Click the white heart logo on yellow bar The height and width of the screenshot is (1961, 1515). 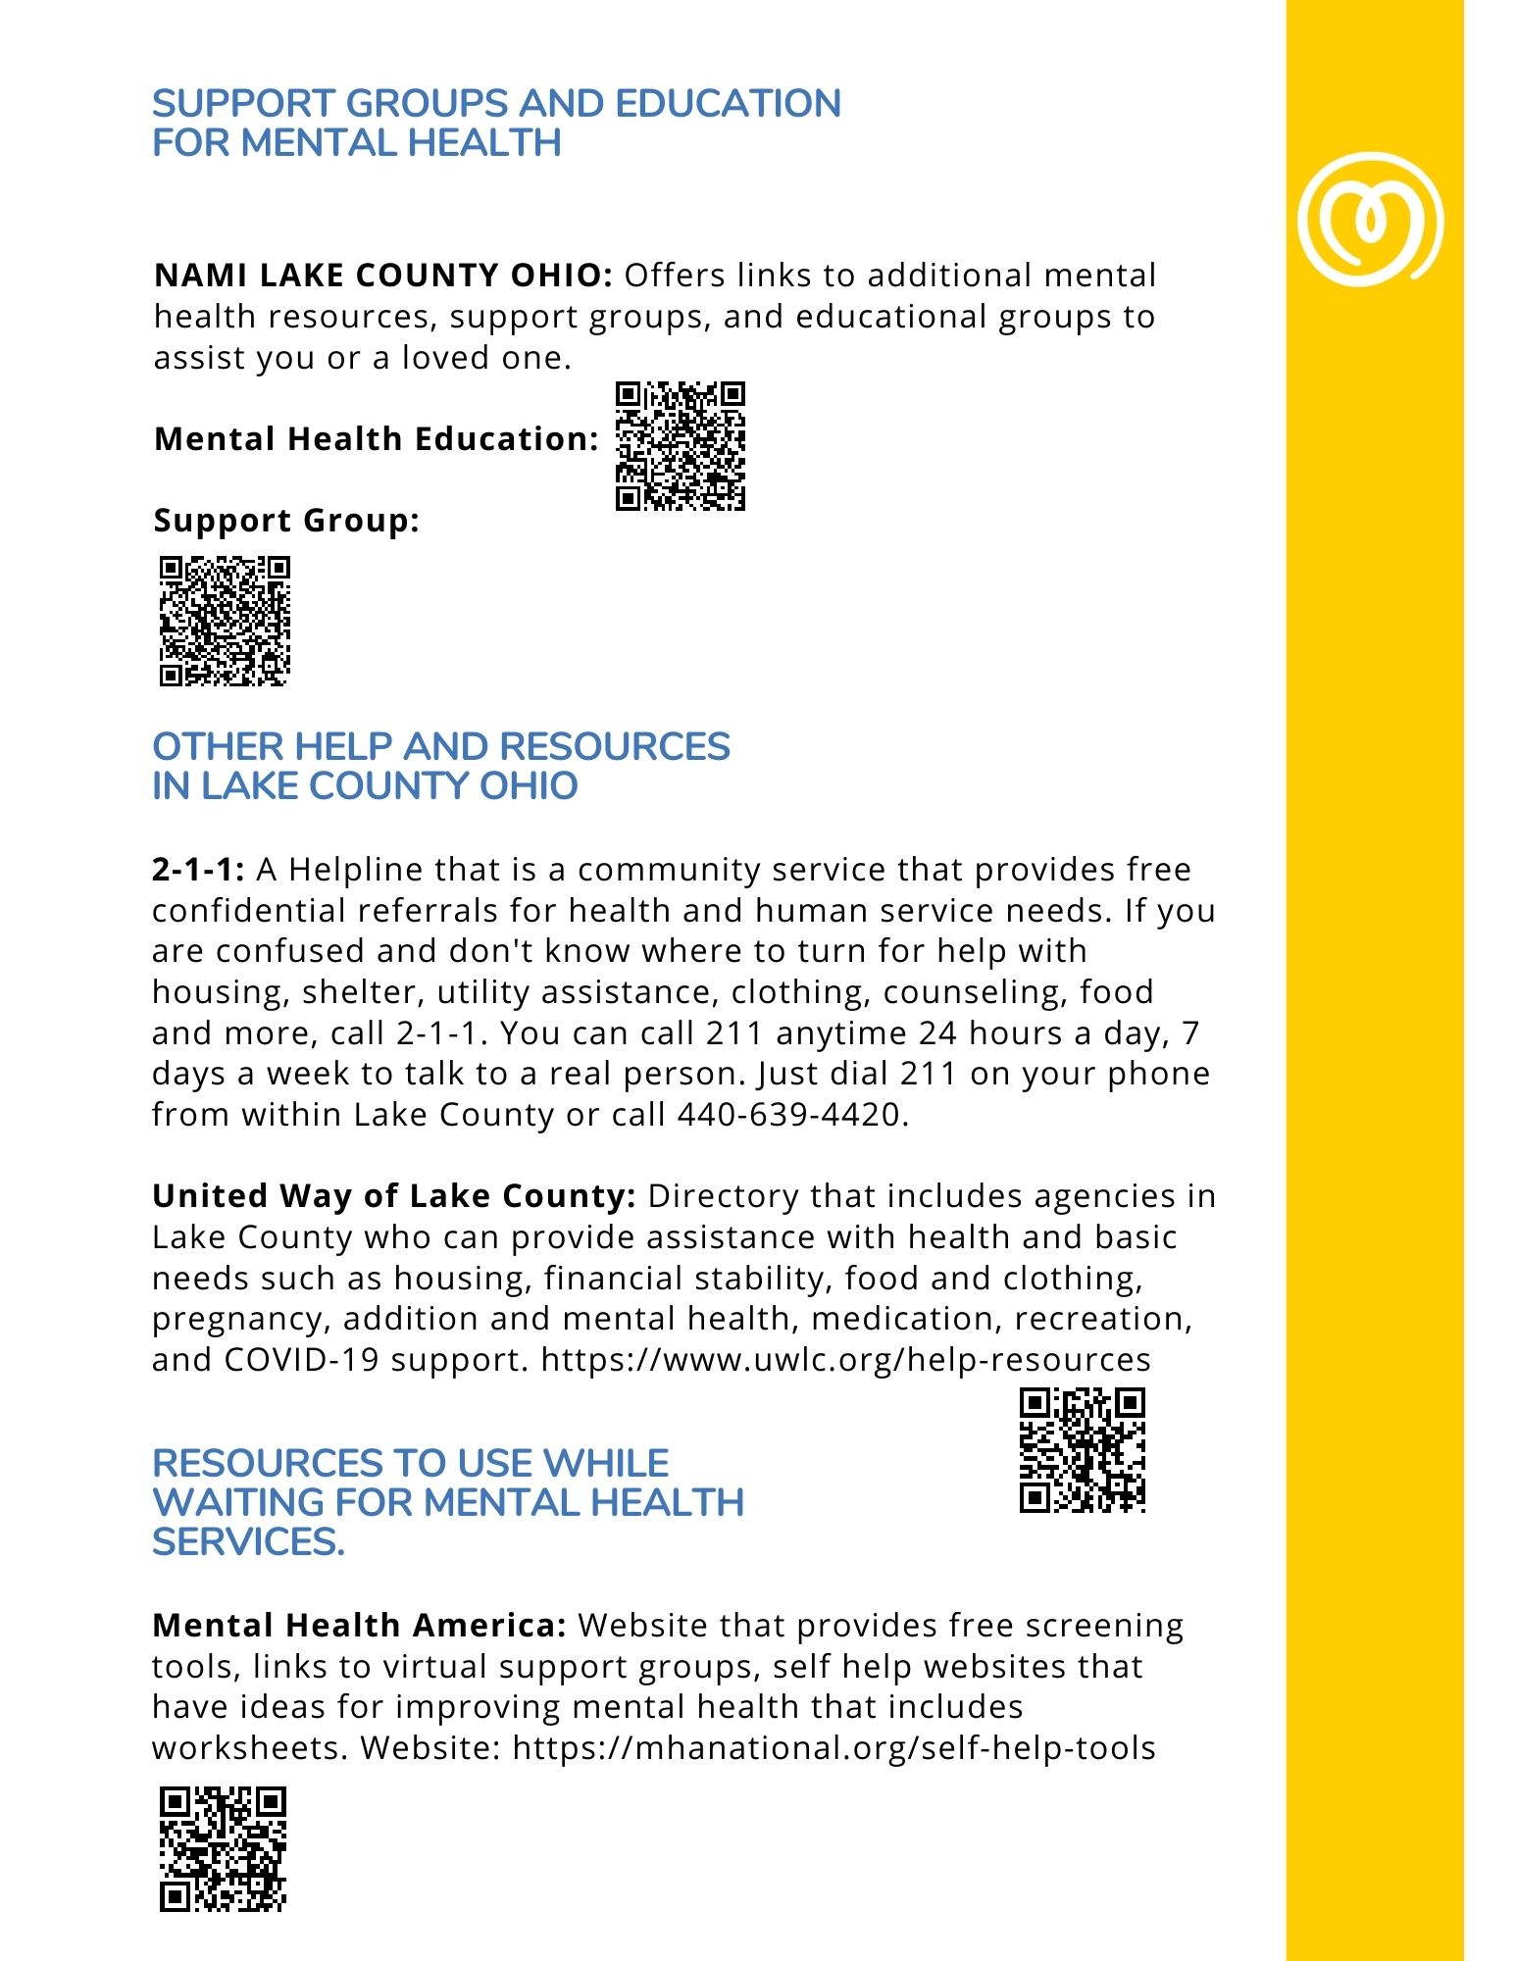pos(1369,219)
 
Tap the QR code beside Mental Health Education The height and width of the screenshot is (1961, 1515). pos(680,446)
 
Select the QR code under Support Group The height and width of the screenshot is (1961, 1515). pos(225,621)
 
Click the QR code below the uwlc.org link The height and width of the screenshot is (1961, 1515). pos(1082,1450)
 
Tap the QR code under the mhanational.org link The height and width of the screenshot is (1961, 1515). pos(223,1848)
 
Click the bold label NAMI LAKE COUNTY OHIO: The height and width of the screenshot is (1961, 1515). pos(383,276)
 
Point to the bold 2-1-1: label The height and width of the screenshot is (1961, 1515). pos(197,870)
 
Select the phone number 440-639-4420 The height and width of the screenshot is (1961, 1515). pos(787,1115)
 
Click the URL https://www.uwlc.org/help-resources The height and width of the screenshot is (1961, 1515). pos(845,1360)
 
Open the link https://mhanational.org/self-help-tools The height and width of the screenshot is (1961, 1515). pos(833,1748)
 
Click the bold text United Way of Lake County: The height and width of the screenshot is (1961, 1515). pos(394,1196)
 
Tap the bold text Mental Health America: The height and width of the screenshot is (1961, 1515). pos(359,1626)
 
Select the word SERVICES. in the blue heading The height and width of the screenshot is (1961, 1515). pos(248,1542)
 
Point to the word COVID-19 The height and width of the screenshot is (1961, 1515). pos(301,1360)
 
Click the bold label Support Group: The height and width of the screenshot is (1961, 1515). pos(286,521)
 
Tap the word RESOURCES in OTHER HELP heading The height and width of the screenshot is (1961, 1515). pos(615,747)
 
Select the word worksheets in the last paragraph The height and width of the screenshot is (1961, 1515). pos(249,1748)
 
